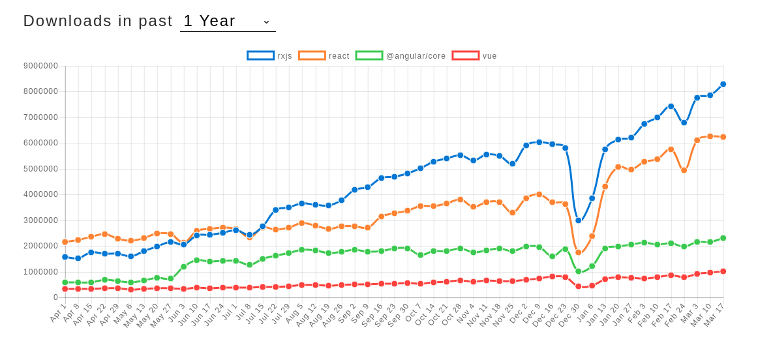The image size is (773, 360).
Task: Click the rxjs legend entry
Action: pyautogui.click(x=269, y=56)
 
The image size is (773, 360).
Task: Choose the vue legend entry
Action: pyautogui.click(x=474, y=56)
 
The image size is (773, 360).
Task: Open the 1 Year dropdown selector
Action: pyautogui.click(x=228, y=21)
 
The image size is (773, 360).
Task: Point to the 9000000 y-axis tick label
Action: pyautogui.click(x=40, y=66)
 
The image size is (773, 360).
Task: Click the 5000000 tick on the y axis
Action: pyautogui.click(x=40, y=169)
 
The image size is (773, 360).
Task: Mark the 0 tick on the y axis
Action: pyautogui.click(x=55, y=297)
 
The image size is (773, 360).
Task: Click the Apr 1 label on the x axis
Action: pyautogui.click(x=58, y=312)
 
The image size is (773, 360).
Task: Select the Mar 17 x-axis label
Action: pyautogui.click(x=714, y=314)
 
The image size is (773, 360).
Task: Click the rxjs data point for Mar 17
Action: pyautogui.click(x=723, y=84)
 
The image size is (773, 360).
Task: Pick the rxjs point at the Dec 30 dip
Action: pyautogui.click(x=578, y=220)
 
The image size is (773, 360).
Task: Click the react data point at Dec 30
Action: pyautogui.click(x=578, y=252)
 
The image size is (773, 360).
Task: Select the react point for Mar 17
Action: pyautogui.click(x=723, y=137)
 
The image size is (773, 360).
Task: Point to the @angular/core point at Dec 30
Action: pyautogui.click(x=578, y=271)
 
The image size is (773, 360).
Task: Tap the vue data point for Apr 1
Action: pyautogui.click(x=65, y=289)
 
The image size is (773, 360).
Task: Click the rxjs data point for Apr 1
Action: pyautogui.click(x=65, y=257)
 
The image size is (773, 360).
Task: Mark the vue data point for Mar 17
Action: pyautogui.click(x=723, y=271)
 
